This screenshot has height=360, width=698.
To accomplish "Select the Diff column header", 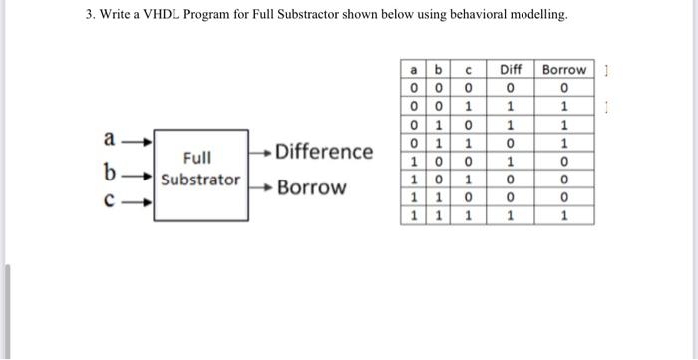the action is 511,69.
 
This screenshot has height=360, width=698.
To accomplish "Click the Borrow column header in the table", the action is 564,69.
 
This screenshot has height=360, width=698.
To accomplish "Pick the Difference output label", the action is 324,152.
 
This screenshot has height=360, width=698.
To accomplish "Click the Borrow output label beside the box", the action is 312,187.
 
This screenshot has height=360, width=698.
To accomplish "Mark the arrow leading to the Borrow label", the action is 261,187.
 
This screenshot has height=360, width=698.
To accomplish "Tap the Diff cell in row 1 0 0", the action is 511,160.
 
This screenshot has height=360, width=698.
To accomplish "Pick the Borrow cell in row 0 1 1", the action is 564,142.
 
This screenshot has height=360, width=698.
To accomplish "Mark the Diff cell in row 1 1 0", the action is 511,196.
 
